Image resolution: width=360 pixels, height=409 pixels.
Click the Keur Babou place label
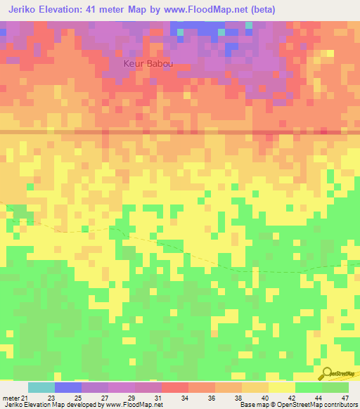tap(148, 64)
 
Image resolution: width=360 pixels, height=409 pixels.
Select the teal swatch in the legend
tap(41, 387)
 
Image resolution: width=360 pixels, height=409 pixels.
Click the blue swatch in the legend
tap(68, 387)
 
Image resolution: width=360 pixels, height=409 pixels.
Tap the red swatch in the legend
tap(175, 387)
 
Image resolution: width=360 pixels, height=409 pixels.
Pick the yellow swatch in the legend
tap(282, 387)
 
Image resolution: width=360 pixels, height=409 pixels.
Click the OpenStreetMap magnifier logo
tap(326, 373)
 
